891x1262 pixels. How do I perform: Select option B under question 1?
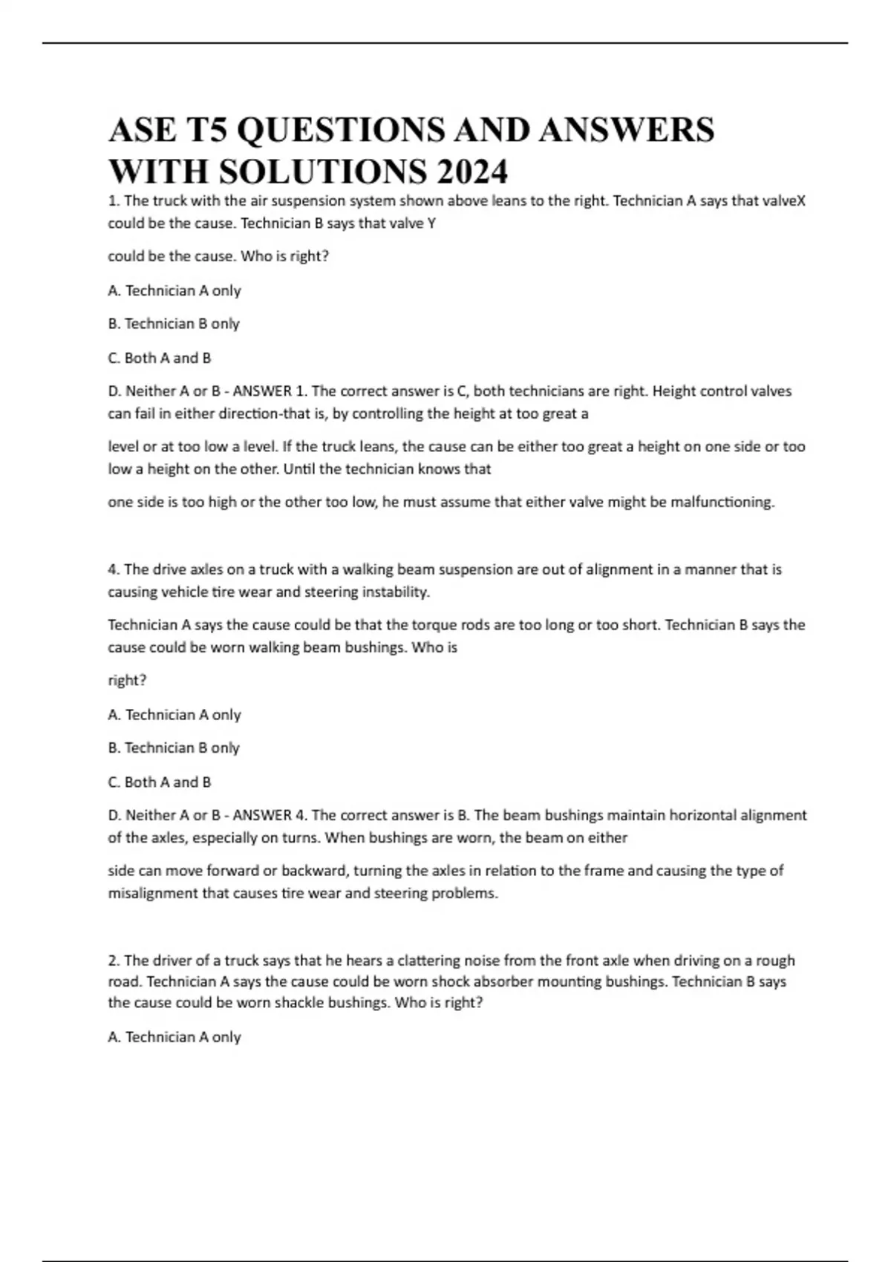coord(174,324)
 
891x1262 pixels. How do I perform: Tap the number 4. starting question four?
coord(114,569)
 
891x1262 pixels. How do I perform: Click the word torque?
coord(434,625)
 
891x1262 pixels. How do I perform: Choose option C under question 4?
coord(160,782)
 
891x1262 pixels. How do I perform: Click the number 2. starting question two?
coord(114,961)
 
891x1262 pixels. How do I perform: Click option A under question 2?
coord(174,1037)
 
